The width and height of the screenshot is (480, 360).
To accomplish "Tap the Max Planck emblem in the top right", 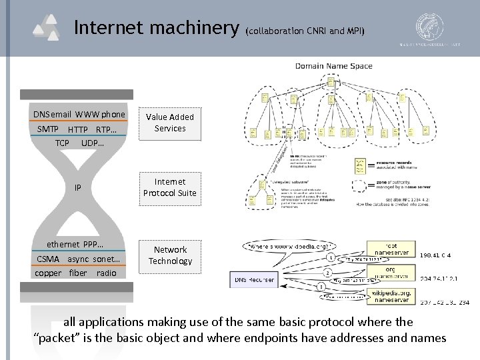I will (432, 27).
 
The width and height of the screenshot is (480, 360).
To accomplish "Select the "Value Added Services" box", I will (170, 123).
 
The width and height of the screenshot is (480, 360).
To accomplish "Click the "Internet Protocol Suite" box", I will (170, 187).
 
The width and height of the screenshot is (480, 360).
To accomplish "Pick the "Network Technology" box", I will (170, 255).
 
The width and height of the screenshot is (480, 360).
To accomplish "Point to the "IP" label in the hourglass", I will (78, 188).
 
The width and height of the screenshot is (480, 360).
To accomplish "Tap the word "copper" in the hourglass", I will (48, 273).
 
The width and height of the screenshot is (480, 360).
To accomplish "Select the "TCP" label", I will (62, 143).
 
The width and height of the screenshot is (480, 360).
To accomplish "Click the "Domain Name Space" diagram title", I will (334, 66).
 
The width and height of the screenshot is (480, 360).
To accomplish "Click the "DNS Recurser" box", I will (253, 280).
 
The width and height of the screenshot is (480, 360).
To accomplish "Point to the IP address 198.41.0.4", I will (436, 255).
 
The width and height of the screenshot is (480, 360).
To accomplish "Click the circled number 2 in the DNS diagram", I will (327, 273).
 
